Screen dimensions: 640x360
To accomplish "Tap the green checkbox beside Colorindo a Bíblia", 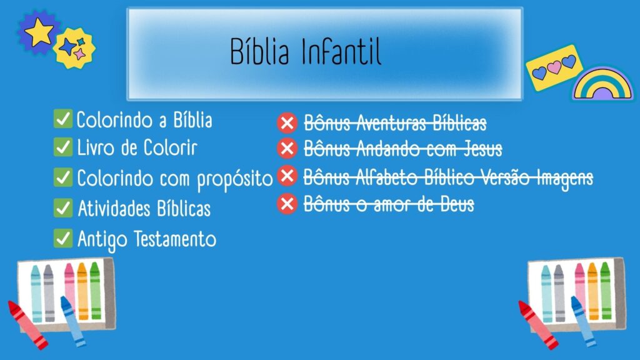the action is [x=63, y=118].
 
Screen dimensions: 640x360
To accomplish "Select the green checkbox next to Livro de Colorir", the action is [x=63, y=147].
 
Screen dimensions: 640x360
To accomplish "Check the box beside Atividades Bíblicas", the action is [x=63, y=207].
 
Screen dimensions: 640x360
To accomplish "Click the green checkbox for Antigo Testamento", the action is [x=63, y=238].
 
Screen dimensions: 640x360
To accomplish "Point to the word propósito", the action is [x=235, y=179].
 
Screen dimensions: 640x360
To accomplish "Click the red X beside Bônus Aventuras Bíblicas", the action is [x=287, y=122].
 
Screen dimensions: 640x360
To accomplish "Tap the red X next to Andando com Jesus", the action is [x=287, y=148].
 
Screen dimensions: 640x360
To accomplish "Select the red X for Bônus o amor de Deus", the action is [x=287, y=204].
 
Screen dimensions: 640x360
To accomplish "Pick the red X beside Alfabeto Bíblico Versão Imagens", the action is [x=287, y=176].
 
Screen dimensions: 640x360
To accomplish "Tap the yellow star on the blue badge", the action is [x=39, y=32].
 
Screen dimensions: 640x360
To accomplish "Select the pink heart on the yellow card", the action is [x=554, y=67].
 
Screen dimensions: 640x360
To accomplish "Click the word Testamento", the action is [x=175, y=239].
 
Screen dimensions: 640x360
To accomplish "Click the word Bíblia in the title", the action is [x=259, y=51].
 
